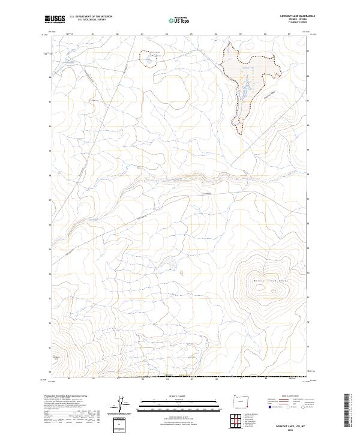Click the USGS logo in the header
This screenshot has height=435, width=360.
(55, 20)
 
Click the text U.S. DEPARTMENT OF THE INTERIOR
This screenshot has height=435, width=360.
(91, 17)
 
